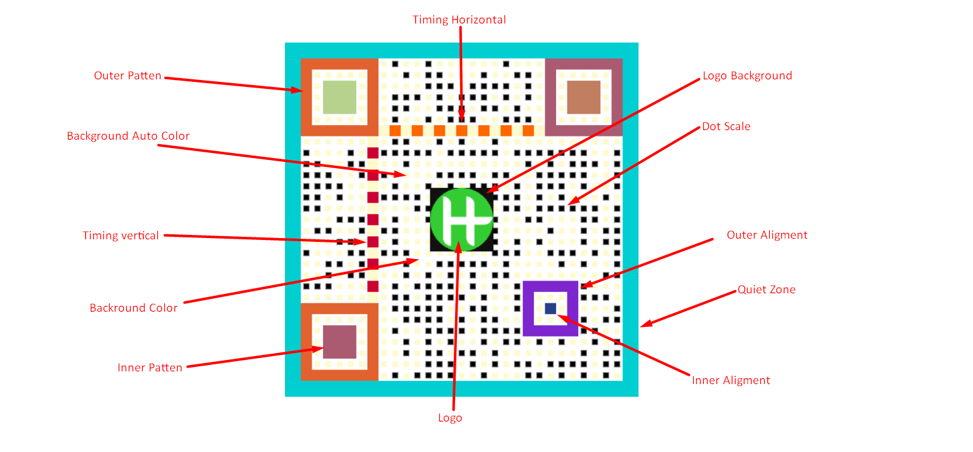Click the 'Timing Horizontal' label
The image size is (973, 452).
459,20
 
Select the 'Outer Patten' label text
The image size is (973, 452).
128,76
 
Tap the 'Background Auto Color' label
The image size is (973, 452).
128,136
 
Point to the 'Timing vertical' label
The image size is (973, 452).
121,236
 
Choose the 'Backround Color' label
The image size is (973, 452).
133,308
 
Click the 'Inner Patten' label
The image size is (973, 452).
150,368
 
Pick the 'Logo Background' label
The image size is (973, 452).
747,76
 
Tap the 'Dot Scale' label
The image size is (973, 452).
726,126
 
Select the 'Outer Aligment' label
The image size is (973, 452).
767,235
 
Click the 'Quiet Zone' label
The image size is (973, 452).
767,289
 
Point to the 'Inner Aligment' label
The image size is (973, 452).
731,380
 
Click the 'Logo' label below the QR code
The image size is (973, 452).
450,418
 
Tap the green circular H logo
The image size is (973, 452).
461,220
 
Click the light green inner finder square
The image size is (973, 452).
340,97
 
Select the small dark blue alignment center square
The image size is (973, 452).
550,309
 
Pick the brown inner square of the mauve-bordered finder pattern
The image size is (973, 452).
584,97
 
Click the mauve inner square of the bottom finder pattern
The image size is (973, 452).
340,342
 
